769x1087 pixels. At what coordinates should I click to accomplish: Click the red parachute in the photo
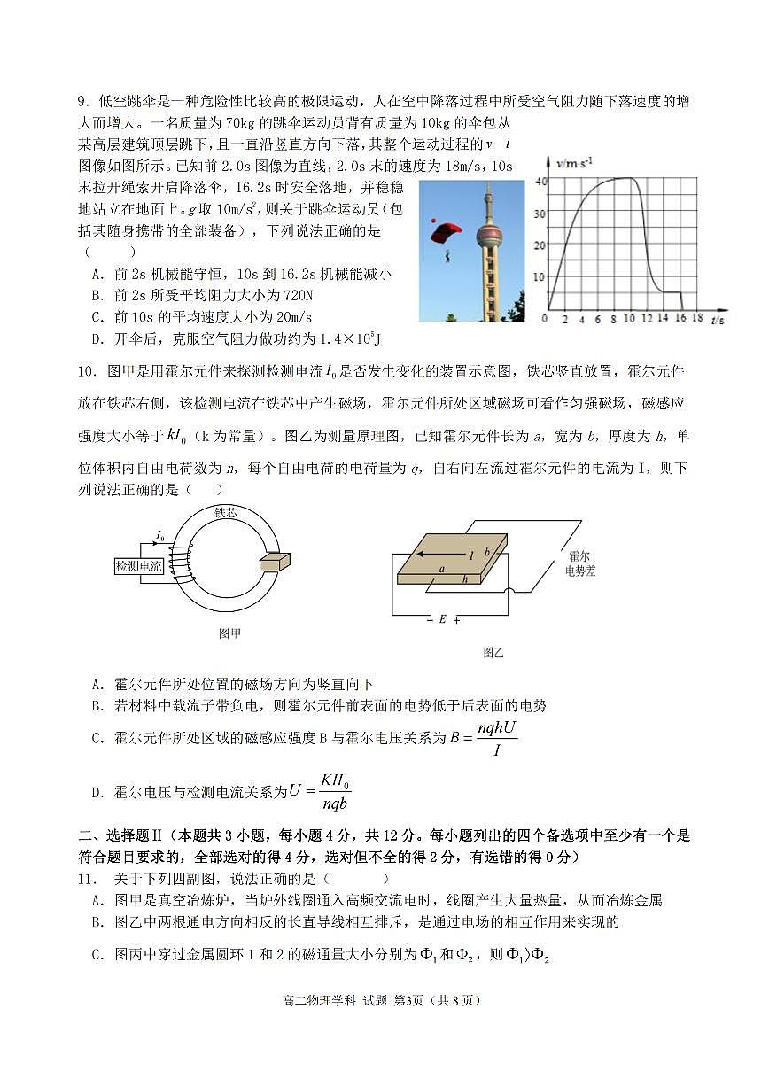point(446,233)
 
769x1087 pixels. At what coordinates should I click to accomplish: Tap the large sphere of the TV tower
point(489,236)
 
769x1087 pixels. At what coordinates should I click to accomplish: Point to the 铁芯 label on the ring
point(226,512)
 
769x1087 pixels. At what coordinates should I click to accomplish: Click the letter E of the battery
point(442,619)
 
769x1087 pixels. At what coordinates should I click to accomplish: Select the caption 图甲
point(229,633)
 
